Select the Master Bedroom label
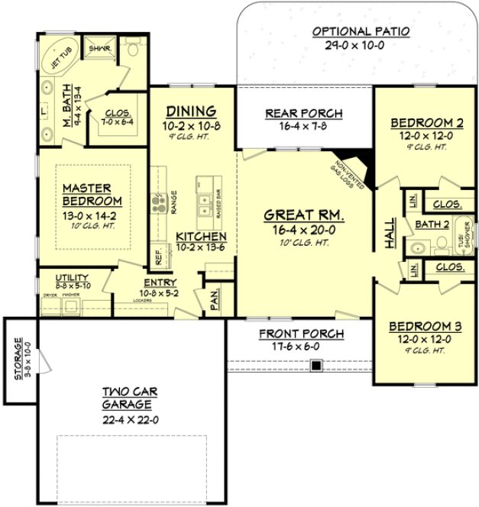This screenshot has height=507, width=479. pyautogui.click(x=86, y=194)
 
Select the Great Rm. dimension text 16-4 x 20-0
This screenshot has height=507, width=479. pyautogui.click(x=304, y=228)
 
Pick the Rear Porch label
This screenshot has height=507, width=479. pyautogui.click(x=303, y=114)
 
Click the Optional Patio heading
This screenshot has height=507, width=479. pyautogui.click(x=361, y=31)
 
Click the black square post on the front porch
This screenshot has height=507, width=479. pyautogui.click(x=315, y=367)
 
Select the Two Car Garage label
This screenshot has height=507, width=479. pyautogui.click(x=128, y=399)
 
